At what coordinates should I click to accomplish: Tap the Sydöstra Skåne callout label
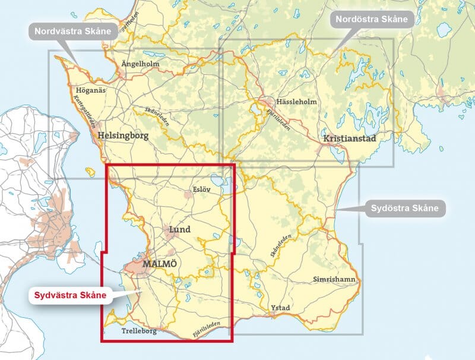pos(404,208)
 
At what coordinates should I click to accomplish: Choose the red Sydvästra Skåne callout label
pos(70,295)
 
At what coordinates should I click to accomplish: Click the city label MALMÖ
pos(160,263)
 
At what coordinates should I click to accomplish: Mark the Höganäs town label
pos(91,90)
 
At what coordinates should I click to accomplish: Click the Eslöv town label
pos(202,190)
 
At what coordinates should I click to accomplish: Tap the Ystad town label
pos(280,308)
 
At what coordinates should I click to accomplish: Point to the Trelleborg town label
pos(138,331)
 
